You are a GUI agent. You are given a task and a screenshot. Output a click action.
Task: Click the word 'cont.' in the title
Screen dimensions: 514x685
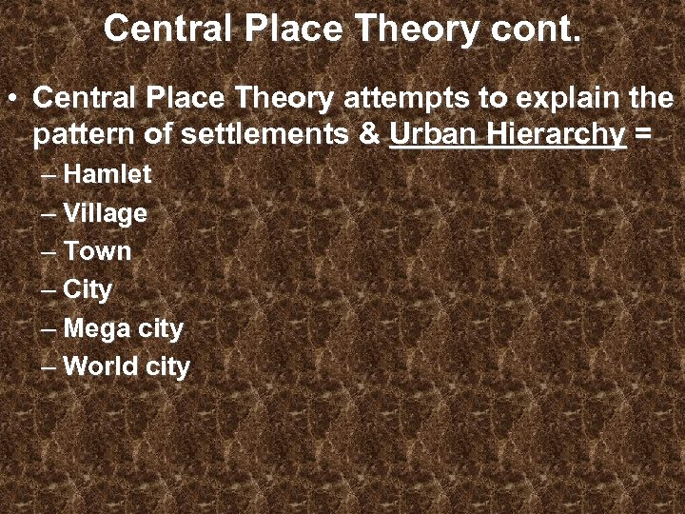(x=536, y=29)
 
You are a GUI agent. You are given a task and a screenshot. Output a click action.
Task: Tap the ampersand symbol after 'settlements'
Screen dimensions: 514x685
(x=370, y=135)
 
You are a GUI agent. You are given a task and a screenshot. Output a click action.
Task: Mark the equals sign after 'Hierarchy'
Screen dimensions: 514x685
(x=643, y=135)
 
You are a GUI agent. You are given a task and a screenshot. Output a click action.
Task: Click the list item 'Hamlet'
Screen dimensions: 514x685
(x=108, y=175)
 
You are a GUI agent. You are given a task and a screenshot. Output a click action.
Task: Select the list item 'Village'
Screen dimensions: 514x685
(x=105, y=213)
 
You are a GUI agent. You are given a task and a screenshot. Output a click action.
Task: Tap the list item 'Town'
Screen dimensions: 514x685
(x=97, y=251)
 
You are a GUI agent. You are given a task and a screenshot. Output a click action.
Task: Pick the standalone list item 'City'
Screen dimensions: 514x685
(x=88, y=289)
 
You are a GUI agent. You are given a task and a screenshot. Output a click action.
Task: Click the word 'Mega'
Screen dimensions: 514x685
(x=96, y=329)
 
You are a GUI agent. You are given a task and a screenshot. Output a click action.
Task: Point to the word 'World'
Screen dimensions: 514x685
(x=101, y=366)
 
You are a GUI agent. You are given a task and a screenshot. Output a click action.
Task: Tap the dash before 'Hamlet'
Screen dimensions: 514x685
(x=49, y=176)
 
